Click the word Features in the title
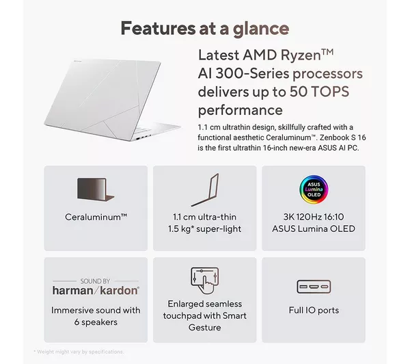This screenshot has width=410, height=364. (158, 28)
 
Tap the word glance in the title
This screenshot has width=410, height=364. (261, 29)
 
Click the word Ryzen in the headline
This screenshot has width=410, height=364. (301, 55)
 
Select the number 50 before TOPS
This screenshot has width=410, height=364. (299, 92)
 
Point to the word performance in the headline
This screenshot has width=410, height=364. (240, 111)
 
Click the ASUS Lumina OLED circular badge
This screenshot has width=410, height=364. (314, 190)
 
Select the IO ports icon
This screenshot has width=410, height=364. (314, 287)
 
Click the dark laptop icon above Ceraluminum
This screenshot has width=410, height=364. (96, 190)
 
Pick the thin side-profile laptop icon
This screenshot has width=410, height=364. (205, 190)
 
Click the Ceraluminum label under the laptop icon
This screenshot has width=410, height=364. (96, 217)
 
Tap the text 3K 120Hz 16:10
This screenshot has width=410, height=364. (314, 217)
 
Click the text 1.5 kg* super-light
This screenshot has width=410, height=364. (204, 229)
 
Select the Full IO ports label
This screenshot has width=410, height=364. (314, 311)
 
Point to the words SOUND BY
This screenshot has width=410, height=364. (95, 281)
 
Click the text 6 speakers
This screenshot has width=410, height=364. (96, 322)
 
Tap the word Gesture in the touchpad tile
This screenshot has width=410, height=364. (205, 327)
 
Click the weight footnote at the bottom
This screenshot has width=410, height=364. (79, 352)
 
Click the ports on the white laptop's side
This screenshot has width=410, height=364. (143, 137)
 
